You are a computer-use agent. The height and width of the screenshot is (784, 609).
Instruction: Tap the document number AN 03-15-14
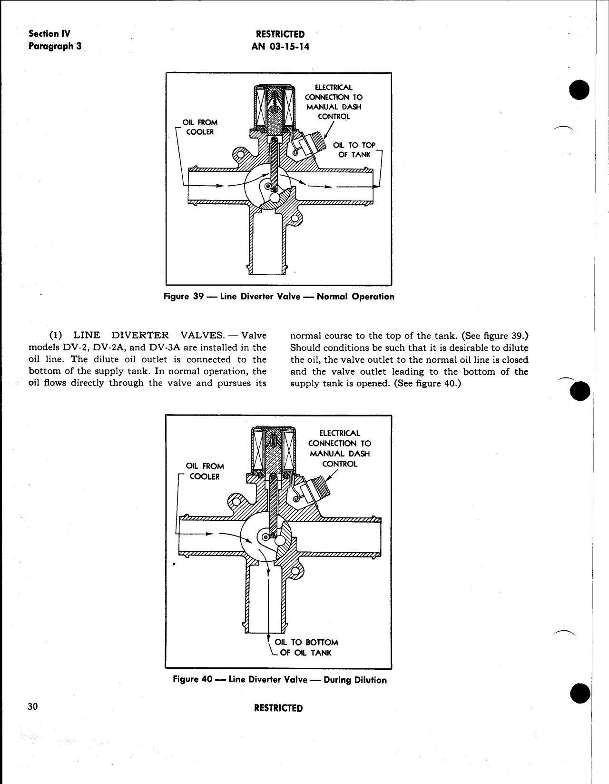[280, 46]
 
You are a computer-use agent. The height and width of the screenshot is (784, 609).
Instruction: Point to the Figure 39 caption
[279, 297]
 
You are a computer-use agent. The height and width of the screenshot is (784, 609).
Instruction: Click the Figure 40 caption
[280, 680]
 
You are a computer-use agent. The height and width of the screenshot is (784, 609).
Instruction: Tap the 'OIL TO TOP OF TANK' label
[354, 149]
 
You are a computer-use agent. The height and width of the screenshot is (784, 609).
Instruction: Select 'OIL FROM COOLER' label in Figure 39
[200, 127]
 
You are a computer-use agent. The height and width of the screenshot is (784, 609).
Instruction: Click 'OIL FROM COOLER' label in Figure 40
[205, 471]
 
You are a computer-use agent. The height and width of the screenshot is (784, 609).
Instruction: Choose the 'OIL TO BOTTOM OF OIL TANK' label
[306, 647]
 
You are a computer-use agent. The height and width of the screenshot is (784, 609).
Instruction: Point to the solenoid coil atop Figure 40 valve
[273, 450]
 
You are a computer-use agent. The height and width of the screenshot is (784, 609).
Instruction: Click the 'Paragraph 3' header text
[55, 46]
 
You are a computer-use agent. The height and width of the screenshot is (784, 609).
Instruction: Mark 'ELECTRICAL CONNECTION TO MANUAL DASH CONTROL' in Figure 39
[334, 101]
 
